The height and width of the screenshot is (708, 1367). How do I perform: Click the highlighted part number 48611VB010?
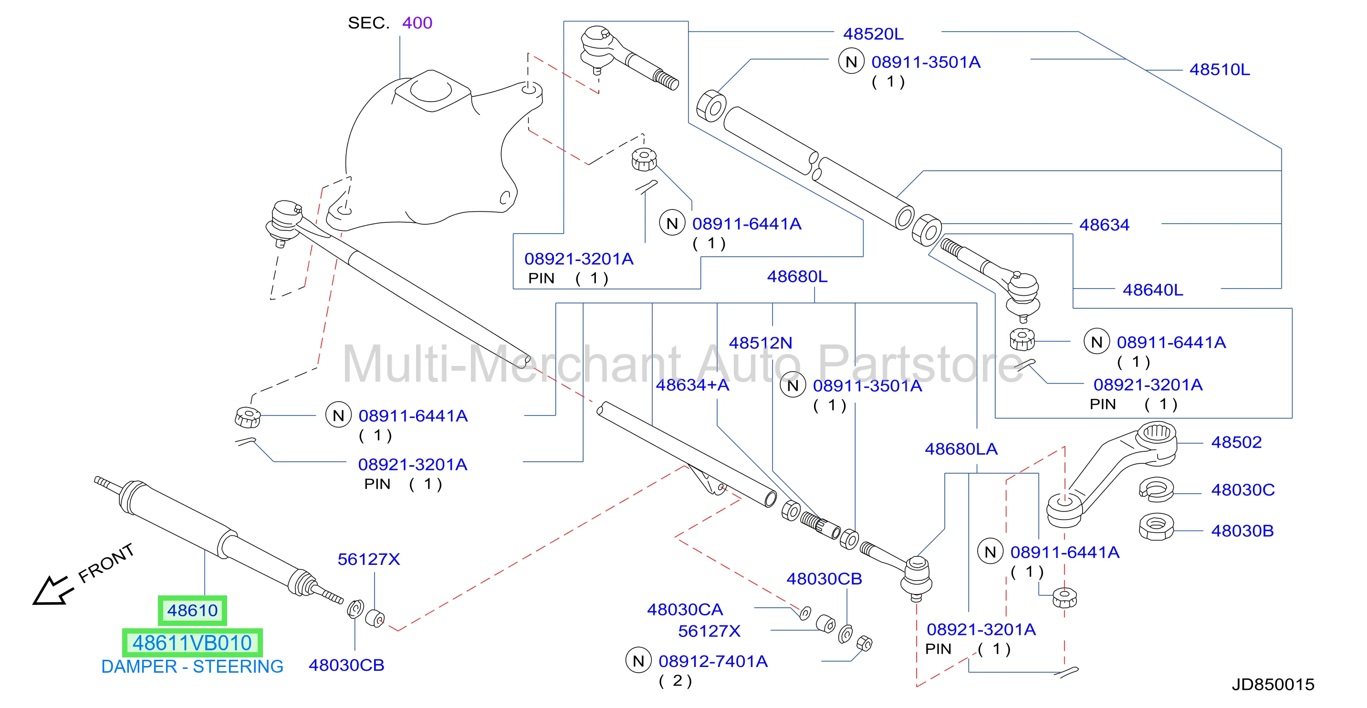click(192, 643)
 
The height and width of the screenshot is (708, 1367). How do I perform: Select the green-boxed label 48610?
click(192, 610)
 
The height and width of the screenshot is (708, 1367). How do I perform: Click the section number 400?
click(417, 23)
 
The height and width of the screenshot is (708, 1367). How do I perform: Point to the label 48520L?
click(873, 34)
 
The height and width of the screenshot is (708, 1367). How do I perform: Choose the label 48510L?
click(1220, 70)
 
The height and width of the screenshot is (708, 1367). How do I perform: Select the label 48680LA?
click(961, 449)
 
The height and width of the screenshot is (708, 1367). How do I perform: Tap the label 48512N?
click(761, 343)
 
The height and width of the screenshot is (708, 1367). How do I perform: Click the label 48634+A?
click(692, 385)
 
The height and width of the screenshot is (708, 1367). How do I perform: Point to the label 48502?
click(1236, 442)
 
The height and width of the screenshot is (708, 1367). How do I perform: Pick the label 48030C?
click(1243, 490)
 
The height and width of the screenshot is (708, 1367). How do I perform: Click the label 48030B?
click(1242, 531)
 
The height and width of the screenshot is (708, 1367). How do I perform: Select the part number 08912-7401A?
click(713, 661)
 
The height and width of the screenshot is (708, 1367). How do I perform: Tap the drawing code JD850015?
click(1273, 685)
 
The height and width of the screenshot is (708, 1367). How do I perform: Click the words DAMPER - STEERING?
click(192, 666)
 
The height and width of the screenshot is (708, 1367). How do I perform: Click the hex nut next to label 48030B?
click(1156, 527)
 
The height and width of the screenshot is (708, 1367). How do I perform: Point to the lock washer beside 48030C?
click(1156, 489)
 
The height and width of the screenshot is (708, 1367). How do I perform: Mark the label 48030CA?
click(685, 609)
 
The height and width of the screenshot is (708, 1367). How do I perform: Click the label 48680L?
click(797, 277)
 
